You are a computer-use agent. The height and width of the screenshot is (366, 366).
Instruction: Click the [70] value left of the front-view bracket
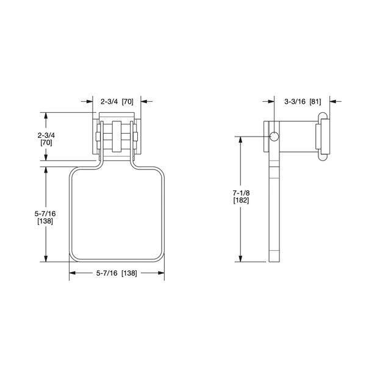pos(46,142)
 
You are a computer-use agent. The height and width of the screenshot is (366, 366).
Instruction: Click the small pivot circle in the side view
pos(273,135)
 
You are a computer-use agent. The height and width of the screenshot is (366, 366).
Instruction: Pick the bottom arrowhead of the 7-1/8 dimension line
pos(241,259)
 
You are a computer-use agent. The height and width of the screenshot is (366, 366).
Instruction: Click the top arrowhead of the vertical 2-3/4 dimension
pos(46,115)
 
